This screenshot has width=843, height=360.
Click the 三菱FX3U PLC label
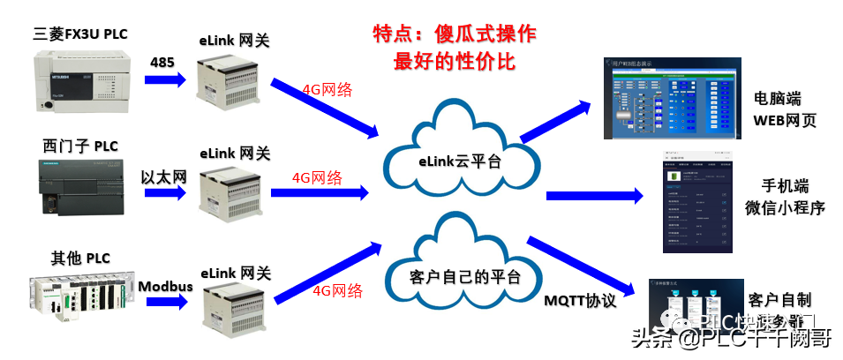click(80, 34)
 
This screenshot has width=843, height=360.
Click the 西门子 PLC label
click(80, 146)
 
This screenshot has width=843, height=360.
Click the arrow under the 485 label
click(165, 79)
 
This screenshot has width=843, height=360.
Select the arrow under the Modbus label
click(165, 302)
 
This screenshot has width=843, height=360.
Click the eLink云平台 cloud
click(459, 159)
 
